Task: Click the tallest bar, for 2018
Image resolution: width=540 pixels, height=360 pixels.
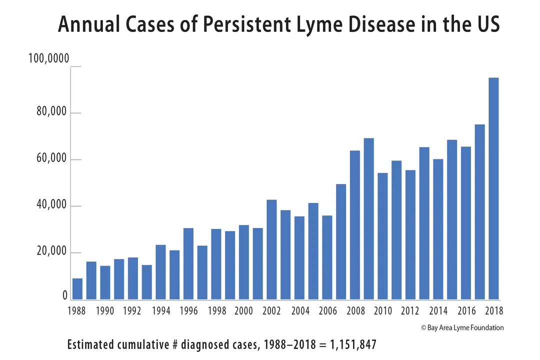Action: click(493, 188)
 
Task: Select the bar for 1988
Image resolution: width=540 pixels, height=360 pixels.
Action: click(77, 289)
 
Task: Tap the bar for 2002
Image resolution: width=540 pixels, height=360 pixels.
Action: click(271, 249)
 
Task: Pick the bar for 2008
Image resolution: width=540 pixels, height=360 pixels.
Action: click(355, 225)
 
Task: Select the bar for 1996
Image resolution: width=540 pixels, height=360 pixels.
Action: click(188, 263)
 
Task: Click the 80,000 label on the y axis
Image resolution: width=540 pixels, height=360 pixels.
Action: click(51, 111)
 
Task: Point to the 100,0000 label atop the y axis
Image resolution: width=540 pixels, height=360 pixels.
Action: click(48, 59)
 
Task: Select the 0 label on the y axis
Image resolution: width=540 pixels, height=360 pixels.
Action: click(65, 296)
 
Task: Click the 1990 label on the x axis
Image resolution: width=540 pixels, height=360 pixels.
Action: click(104, 311)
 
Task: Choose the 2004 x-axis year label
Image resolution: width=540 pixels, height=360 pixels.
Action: click(300, 311)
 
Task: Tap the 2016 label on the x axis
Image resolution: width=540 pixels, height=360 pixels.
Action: click(466, 311)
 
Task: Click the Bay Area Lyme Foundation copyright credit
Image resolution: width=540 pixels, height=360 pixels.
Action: click(462, 327)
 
